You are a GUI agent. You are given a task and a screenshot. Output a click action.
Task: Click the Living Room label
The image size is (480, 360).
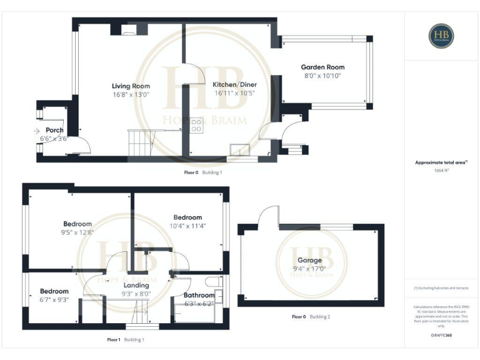(x=131, y=86)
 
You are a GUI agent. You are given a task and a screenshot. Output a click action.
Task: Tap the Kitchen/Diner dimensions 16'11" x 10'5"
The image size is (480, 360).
(x=235, y=93)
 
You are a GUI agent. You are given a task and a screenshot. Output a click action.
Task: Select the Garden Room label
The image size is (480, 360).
(x=322, y=67)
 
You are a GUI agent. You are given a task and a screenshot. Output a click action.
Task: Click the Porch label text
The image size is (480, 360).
(x=54, y=130)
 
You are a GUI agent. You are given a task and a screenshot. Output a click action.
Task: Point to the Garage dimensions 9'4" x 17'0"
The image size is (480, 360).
(x=309, y=269)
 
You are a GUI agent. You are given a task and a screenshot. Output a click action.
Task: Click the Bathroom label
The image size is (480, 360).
(x=199, y=295)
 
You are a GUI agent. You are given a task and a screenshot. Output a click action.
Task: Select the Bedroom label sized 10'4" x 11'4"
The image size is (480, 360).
(x=187, y=217)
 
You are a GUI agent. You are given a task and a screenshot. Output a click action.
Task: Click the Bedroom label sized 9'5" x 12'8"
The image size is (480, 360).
(x=77, y=224)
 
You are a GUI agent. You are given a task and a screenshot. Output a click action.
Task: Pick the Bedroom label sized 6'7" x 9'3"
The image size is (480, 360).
(x=54, y=291)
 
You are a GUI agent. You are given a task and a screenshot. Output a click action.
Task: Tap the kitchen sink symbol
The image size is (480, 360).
(x=239, y=149)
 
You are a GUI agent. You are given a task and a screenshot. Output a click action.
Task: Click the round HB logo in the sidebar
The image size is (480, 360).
(x=441, y=36)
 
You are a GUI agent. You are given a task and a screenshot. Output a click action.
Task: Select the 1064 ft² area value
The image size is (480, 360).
(x=441, y=170)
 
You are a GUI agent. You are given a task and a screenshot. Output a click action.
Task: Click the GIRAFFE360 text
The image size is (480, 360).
(x=441, y=336)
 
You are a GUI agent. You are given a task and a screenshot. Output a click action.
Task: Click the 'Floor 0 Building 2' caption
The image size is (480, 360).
(x=311, y=317)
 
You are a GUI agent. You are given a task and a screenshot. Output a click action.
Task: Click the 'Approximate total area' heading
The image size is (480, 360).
(x=441, y=162)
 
